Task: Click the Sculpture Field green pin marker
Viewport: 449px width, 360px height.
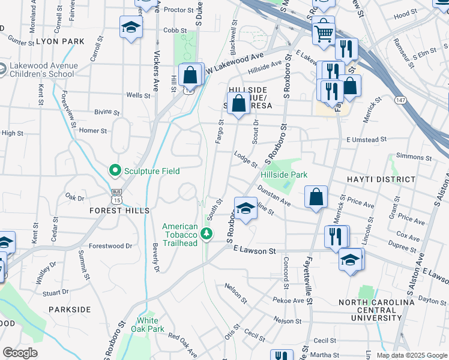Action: tap(115, 171)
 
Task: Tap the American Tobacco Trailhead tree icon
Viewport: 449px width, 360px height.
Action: tap(207, 233)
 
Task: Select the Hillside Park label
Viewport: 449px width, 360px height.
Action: tap(284, 175)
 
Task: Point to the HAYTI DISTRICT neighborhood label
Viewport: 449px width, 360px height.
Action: tap(381, 179)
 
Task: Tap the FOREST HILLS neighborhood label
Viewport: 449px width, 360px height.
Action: tap(119, 211)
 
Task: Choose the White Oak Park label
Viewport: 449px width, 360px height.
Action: tap(148, 325)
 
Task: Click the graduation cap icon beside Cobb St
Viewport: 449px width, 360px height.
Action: tap(130, 28)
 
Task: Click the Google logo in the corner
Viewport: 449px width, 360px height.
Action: tap(20, 353)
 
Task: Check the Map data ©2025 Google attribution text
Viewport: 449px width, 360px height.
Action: tap(411, 355)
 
